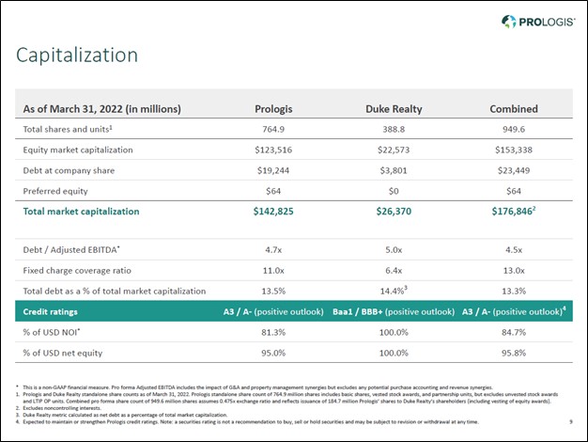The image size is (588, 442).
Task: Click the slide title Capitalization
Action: (77, 55)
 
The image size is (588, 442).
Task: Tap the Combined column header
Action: (514, 108)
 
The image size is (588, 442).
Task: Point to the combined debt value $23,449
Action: (514, 170)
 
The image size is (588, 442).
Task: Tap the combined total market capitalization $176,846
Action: (513, 212)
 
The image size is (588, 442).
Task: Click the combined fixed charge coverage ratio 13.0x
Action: (514, 270)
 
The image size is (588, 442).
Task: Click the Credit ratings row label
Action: (50, 310)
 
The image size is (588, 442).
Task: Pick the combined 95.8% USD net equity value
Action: (514, 353)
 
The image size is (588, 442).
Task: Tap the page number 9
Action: (572, 422)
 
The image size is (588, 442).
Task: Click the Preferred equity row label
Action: (55, 191)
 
